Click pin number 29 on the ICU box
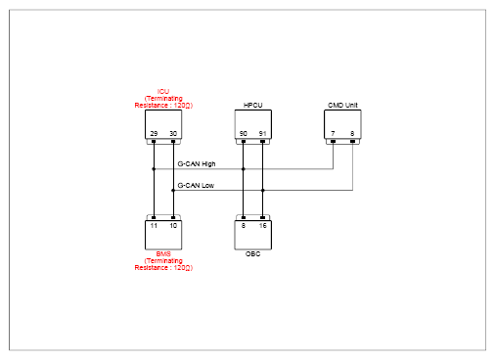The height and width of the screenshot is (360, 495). click(x=154, y=134)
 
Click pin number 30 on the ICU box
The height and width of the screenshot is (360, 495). click(x=173, y=134)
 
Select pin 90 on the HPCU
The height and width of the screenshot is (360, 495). click(x=244, y=134)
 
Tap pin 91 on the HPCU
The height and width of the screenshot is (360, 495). click(x=262, y=134)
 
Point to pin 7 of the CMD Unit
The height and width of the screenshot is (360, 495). click(x=333, y=134)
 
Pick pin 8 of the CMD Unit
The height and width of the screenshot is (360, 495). click(x=352, y=134)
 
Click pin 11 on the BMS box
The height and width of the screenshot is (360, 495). click(x=154, y=226)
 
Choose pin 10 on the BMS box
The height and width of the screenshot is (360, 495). click(x=173, y=226)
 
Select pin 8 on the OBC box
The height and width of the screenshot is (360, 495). click(x=244, y=226)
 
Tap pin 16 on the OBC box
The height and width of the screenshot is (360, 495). click(x=262, y=226)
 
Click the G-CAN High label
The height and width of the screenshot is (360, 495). click(x=197, y=163)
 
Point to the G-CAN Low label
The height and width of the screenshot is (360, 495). click(x=196, y=185)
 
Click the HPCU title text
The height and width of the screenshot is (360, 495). click(x=253, y=105)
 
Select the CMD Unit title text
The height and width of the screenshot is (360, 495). click(x=342, y=105)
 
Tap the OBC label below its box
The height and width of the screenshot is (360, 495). click(x=253, y=253)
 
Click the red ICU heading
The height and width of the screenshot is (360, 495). click(x=163, y=91)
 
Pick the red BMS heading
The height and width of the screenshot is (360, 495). click(x=163, y=253)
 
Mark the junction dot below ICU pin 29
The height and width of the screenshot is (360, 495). click(x=154, y=169)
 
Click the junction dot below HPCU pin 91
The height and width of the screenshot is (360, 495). click(x=263, y=191)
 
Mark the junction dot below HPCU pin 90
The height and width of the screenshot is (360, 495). click(x=244, y=169)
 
